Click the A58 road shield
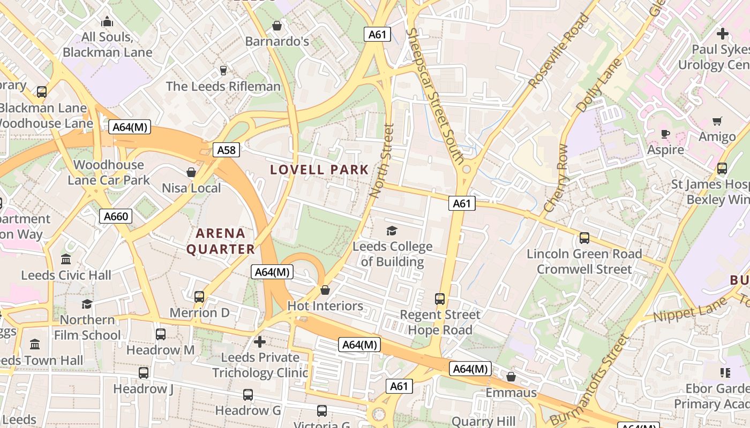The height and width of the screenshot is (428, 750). (226, 150)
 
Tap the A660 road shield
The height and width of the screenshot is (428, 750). (116, 216)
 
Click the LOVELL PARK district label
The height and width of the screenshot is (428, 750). (319, 170)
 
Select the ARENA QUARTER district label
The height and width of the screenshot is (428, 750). (220, 241)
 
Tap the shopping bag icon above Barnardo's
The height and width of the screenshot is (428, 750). (277, 26)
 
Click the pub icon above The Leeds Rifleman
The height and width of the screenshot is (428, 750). (223, 71)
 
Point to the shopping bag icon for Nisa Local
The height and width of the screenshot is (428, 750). (191, 172)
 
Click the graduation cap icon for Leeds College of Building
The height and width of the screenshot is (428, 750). (392, 231)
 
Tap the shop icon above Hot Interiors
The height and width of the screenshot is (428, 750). (325, 290)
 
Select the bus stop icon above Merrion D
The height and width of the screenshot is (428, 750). (199, 296)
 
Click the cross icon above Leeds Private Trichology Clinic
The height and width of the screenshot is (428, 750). (260, 341)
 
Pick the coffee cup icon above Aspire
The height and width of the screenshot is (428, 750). (665, 134)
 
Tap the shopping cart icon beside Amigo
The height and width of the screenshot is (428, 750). (717, 121)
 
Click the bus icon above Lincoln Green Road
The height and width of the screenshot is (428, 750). (584, 238)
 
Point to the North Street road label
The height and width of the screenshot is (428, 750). (382, 160)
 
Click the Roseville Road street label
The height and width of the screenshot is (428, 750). (559, 51)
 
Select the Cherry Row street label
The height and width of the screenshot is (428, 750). (556, 178)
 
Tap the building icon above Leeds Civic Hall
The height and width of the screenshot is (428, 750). (66, 259)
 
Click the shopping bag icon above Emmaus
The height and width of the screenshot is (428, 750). (511, 377)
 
